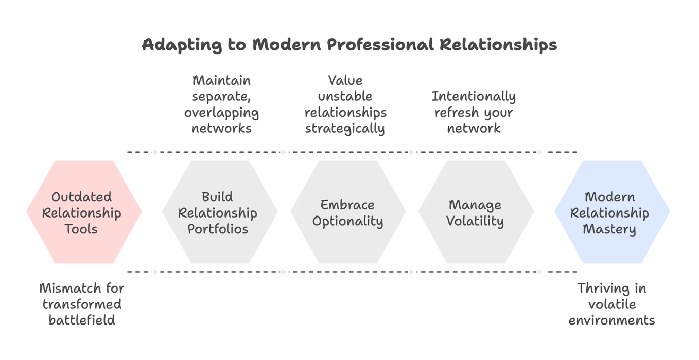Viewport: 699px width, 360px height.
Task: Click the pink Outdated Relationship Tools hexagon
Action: [84, 212]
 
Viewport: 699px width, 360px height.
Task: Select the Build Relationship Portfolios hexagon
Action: [220, 212]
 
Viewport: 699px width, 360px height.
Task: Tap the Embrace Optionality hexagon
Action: [348, 212]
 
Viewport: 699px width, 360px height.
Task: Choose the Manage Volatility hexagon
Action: [476, 212]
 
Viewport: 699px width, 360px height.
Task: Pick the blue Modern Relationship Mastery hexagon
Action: [612, 212]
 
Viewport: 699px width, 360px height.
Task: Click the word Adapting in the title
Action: [182, 45]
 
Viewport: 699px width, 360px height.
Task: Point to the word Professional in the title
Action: [380, 45]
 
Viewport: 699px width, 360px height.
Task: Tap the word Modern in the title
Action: [287, 44]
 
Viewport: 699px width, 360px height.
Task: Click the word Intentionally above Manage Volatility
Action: [473, 97]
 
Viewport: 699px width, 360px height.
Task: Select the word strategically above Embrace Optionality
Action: [345, 128]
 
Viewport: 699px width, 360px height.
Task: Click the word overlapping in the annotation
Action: [221, 113]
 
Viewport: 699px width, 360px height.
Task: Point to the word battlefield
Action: [82, 320]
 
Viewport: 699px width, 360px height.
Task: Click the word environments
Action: [612, 320]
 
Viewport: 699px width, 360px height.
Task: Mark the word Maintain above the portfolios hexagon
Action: [222, 81]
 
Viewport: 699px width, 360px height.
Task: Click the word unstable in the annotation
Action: [345, 96]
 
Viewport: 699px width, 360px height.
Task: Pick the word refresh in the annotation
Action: [457, 112]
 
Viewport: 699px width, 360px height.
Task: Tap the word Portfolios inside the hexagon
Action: [218, 229]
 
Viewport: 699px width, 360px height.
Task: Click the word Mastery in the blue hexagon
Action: [609, 229]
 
